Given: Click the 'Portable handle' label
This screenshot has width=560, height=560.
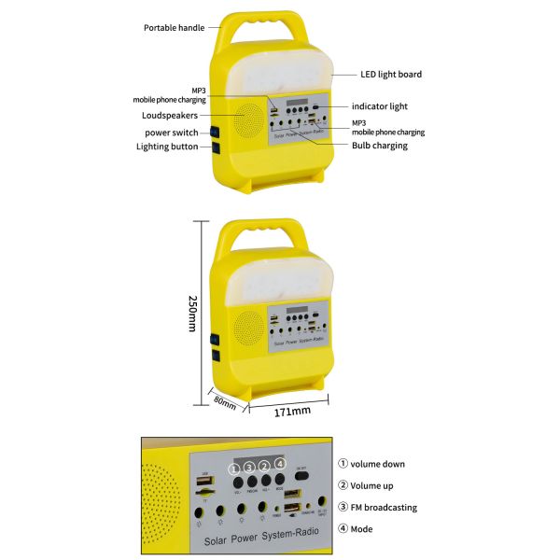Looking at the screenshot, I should point(173,27).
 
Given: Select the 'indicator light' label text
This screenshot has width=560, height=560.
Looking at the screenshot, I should point(380,106).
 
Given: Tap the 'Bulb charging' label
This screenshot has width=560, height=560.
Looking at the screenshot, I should point(380,146).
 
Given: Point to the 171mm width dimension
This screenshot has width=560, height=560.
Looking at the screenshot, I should point(293,411).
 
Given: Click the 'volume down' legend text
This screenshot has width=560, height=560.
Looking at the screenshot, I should point(378,464).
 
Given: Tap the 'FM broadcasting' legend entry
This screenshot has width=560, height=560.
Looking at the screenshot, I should point(384,508).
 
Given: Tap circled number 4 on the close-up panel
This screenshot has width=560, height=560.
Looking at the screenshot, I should point(280,464).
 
